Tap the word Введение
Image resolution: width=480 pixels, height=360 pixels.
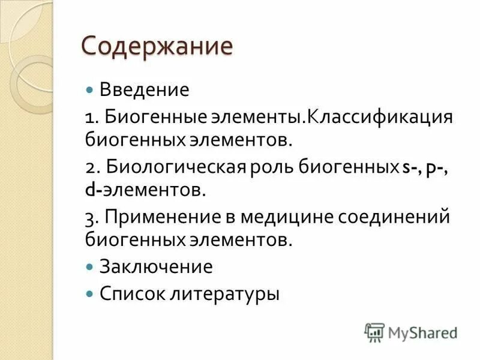tap(144, 90)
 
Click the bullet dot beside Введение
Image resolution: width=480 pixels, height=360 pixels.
tap(90, 90)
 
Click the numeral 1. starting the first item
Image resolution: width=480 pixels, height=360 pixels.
tap(91, 116)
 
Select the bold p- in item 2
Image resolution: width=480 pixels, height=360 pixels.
tap(433, 168)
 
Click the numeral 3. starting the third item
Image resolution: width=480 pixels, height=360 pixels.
tap(91, 217)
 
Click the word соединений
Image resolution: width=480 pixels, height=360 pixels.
tap(397, 217)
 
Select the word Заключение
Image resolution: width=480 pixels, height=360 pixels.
tap(156, 266)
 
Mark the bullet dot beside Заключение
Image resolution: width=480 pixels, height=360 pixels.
tap(90, 266)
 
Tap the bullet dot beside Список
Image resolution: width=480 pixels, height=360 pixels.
tap(90, 293)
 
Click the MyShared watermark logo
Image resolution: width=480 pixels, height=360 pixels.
tap(411, 332)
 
